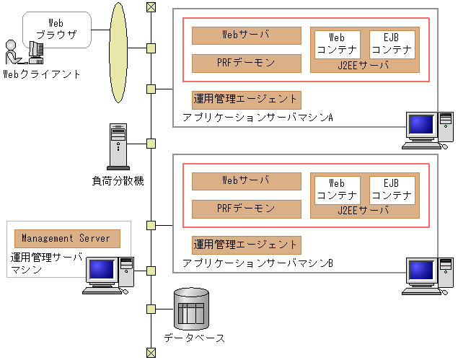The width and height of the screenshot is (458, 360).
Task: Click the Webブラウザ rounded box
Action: (x=57, y=30)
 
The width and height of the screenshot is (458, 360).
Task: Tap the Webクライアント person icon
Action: (x=13, y=52)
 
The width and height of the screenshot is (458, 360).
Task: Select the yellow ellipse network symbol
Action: (x=118, y=53)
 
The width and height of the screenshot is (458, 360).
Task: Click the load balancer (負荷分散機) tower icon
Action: (x=118, y=146)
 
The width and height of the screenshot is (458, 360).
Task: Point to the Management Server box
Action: (x=67, y=239)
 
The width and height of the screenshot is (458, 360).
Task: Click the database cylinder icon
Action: (x=191, y=309)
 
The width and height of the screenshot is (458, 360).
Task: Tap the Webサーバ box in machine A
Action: (x=247, y=35)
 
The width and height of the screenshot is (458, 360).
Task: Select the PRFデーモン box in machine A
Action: (x=247, y=63)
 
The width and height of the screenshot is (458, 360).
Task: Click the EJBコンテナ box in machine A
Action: (x=392, y=45)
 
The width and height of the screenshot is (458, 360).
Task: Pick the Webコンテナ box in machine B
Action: (x=338, y=190)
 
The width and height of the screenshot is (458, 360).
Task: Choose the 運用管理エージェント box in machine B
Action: (x=247, y=245)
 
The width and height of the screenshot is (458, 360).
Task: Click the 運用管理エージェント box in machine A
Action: (x=247, y=100)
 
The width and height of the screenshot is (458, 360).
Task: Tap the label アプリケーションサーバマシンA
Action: (x=257, y=118)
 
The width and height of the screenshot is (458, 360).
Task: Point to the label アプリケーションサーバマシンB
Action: (x=257, y=263)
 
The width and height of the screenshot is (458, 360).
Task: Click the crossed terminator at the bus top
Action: (x=151, y=7)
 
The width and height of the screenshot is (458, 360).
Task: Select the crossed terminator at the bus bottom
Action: (x=151, y=353)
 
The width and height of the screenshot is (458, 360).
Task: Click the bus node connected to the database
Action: (x=151, y=309)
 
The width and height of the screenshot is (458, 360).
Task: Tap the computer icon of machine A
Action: (x=428, y=131)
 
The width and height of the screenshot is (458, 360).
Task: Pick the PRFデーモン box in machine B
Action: (x=247, y=209)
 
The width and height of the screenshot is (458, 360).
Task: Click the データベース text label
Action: (x=194, y=338)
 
